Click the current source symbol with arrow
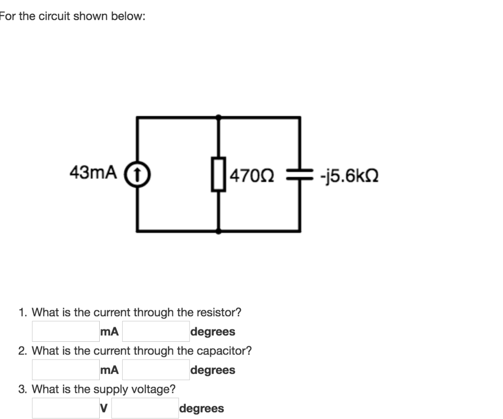click(138, 173)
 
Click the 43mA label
click(93, 173)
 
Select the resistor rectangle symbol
click(219, 174)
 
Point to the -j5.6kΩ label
click(348, 175)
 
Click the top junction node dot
click(219, 117)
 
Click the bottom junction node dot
click(219, 231)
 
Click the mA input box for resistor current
click(65, 331)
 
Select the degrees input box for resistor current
click(156, 331)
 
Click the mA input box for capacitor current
click(65, 370)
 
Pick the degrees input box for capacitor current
click(156, 370)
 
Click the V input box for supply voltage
click(65, 408)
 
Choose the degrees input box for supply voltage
click(144, 408)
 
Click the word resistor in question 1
click(218, 312)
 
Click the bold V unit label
click(103, 408)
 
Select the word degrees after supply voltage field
click(201, 408)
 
